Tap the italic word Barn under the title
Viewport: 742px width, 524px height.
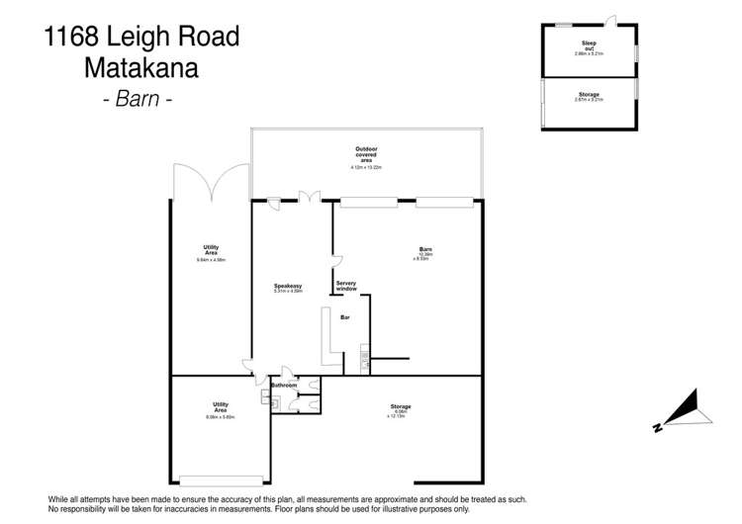point(139,100)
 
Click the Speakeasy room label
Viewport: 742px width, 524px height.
point(288,287)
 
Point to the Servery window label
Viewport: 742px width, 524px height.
point(346,286)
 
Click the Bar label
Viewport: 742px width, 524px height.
point(345,318)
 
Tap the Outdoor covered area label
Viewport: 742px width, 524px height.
point(366,155)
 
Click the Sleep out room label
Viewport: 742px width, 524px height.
point(589,45)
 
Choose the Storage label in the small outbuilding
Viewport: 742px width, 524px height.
point(589,95)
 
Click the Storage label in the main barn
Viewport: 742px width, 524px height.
point(401,406)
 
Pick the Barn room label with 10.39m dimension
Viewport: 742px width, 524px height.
point(425,249)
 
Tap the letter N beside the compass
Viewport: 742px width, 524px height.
point(656,427)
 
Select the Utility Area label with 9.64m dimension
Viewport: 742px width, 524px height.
point(210,250)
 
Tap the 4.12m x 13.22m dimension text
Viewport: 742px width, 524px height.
point(366,168)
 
